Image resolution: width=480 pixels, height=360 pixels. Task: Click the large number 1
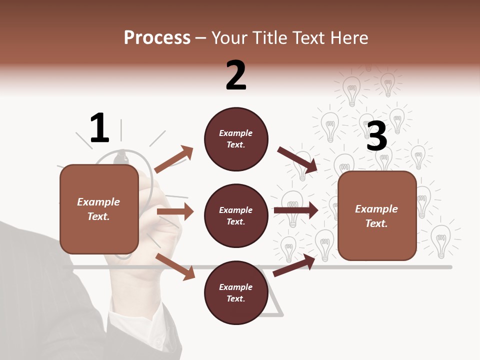99,128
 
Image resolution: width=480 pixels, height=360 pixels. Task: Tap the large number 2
236,75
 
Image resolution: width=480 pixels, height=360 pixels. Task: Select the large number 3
377,136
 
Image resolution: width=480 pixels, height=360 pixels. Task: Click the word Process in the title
157,37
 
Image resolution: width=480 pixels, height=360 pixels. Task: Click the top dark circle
236,139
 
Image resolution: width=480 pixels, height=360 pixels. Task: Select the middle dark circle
236,215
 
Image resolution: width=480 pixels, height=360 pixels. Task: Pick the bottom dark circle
236,292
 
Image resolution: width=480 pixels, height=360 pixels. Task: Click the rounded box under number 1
99,209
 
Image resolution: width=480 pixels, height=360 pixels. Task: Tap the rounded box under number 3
377,215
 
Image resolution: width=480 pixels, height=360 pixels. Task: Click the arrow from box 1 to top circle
174,159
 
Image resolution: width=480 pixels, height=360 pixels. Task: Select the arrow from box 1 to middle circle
175,211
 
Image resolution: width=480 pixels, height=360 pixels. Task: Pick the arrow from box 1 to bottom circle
175,266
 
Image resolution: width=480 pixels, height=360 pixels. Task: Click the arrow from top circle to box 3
297,160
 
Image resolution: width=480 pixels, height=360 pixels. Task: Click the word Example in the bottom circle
236,287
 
